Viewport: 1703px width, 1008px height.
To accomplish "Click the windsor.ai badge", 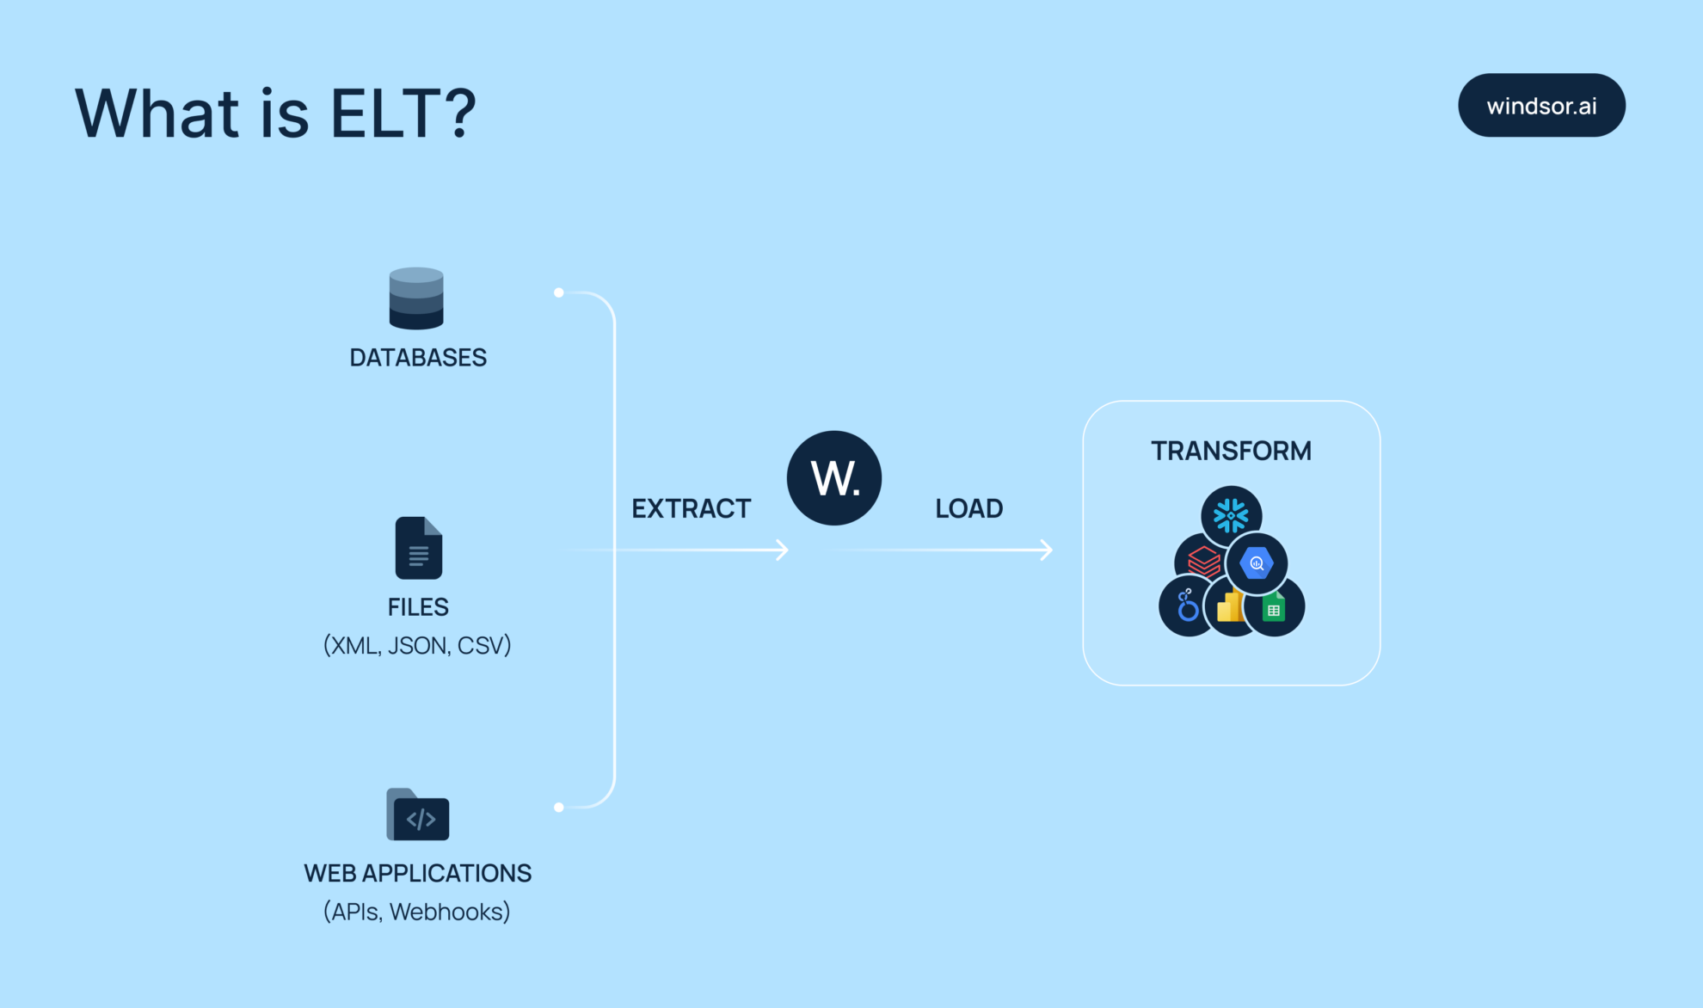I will click(1541, 106).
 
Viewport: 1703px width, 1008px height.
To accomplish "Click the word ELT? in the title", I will click(403, 114).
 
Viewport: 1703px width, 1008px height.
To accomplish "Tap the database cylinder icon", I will click(416, 298).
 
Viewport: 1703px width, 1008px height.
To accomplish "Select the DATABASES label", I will click(418, 358).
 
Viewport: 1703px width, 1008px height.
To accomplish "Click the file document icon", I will click(419, 548).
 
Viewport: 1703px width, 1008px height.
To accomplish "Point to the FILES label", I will click(418, 607).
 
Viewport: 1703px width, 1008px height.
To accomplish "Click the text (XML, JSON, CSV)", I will click(417, 645).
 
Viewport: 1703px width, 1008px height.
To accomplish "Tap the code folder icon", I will click(418, 814).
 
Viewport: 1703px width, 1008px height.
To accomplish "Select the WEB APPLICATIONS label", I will click(418, 874).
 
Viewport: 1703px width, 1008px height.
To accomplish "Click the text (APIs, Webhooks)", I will click(417, 912).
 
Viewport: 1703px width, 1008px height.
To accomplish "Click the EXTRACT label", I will click(692, 508).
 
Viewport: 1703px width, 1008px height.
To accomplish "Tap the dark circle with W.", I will click(834, 478).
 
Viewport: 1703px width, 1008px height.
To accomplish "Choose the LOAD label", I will click(969, 508).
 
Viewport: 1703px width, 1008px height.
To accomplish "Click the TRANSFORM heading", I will click(1232, 451).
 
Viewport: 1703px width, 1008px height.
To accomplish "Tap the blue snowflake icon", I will click(1231, 516).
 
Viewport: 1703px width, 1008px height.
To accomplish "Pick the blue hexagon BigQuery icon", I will click(1257, 563).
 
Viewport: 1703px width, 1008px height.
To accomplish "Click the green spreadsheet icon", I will click(1275, 608).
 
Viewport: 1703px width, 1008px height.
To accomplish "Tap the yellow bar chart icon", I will click(1230, 606).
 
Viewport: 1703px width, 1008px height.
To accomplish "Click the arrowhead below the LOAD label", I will click(1046, 550).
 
